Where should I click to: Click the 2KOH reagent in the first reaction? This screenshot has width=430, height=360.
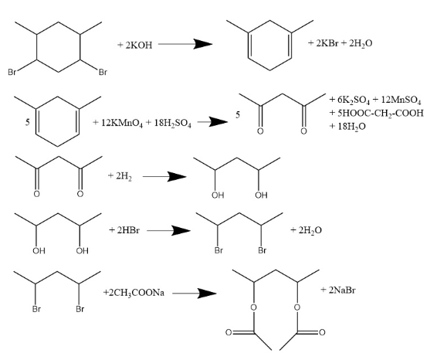tap(139, 45)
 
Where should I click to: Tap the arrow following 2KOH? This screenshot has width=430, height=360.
tap(185, 44)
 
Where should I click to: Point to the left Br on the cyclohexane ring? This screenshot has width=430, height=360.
tap(12, 73)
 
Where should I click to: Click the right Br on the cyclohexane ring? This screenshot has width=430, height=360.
tap(103, 73)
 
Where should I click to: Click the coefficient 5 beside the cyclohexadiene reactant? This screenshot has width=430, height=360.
tap(28, 122)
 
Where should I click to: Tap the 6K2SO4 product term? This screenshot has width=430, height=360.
tap(354, 100)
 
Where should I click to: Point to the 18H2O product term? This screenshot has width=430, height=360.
tap(351, 126)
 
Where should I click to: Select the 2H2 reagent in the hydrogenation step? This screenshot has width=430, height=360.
tap(124, 176)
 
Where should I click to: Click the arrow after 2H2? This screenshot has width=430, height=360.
tap(164, 176)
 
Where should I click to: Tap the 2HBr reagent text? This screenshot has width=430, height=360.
tap(128, 230)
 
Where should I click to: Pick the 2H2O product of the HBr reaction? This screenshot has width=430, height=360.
tap(310, 230)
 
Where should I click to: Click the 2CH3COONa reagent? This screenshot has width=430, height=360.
tap(137, 293)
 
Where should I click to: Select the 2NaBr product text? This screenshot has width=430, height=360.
tap(342, 290)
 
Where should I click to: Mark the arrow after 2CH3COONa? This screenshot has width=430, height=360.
tap(195, 294)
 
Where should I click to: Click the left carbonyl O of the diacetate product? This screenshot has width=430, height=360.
tap(229, 332)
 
